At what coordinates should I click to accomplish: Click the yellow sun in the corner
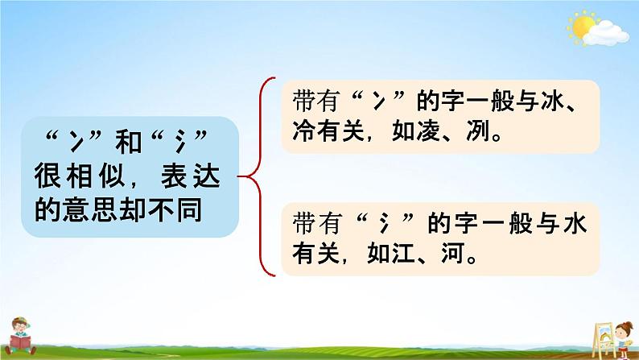point(583,27)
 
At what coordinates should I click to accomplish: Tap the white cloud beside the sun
point(606,34)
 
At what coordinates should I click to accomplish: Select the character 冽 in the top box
point(477,131)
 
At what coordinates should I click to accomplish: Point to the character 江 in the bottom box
point(402,254)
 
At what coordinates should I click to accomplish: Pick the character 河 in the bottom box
point(452,254)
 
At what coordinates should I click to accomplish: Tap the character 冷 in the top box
point(303,131)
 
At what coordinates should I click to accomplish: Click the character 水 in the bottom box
point(575,223)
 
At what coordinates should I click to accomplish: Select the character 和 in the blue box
point(129,142)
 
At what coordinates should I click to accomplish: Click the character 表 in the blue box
point(174,176)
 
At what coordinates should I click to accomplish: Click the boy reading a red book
point(20,336)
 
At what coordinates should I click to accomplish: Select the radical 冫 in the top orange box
point(378,101)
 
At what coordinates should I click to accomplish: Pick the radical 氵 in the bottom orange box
point(384,224)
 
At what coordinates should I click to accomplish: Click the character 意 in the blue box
point(76,210)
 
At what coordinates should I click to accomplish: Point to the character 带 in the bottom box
point(303,223)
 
